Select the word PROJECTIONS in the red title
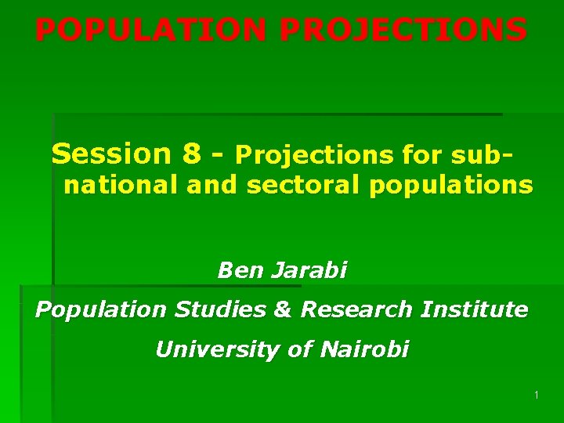coord(403,31)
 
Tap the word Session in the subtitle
coord(110,154)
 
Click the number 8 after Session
coord(192,154)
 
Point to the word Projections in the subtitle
coord(313,155)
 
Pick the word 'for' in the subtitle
coord(423,155)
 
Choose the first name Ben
coord(240,271)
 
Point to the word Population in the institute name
coord(101,310)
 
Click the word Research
coord(356,309)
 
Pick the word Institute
coord(474,309)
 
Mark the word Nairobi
coord(364,349)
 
